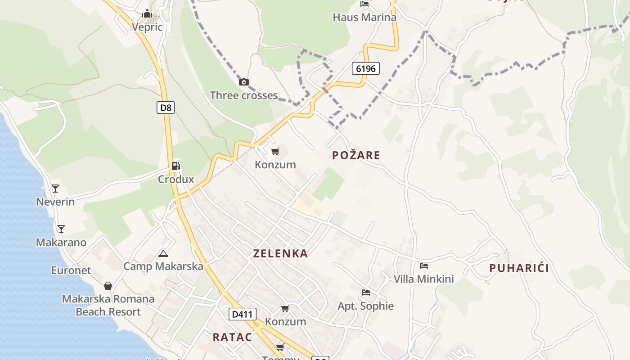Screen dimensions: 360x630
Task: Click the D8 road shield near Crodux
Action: point(166,108)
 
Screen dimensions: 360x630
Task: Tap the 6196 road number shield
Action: point(365,68)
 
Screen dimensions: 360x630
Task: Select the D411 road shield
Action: point(243,314)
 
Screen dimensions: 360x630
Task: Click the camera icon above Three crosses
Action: point(244,82)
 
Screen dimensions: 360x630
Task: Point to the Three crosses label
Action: point(243,95)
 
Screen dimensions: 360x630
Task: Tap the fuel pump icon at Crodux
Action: point(175,166)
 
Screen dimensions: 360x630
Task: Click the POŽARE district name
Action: point(356,155)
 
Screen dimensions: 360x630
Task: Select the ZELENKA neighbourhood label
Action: point(280,253)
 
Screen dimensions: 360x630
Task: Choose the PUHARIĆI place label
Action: point(519,268)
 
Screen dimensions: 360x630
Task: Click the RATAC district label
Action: point(232,337)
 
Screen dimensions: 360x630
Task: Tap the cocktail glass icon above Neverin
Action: point(55,189)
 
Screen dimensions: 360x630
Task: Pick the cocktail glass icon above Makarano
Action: point(61,229)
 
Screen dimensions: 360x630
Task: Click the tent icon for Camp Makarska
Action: point(163,253)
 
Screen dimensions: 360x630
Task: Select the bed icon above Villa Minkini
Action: point(423,266)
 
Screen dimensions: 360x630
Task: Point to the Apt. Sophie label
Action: point(365,306)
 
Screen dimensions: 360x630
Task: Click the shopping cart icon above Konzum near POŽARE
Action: point(275,151)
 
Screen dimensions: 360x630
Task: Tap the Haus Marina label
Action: point(364,18)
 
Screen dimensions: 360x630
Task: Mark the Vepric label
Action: point(147,27)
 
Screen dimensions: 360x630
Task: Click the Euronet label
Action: point(71,270)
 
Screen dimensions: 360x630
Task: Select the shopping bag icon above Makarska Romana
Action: point(108,286)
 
